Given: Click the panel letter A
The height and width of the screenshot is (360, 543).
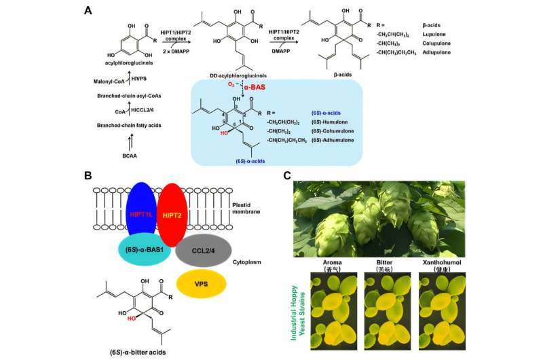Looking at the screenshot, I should (88, 10).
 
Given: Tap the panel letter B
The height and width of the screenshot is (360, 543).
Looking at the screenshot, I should (88, 175).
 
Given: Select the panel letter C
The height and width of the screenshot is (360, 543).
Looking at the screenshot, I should (287, 175).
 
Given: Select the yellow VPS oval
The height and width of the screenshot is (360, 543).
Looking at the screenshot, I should (200, 285).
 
